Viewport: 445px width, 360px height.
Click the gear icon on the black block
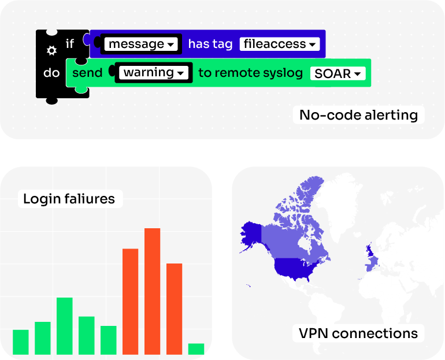tap(51, 51)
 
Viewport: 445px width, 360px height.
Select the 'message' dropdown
tap(141, 44)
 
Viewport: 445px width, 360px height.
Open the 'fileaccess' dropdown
tap(280, 44)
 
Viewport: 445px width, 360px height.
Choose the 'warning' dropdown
tap(154, 73)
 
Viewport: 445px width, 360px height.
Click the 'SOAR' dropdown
tap(338, 73)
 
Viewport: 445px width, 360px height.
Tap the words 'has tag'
tap(210, 44)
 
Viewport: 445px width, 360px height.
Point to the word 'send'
tap(87, 73)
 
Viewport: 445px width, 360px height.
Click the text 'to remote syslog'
tap(251, 73)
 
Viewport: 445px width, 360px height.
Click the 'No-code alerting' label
tap(358, 115)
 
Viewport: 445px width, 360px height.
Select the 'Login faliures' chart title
tap(69, 199)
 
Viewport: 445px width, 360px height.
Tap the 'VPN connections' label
tap(358, 333)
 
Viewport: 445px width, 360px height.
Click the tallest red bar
tap(152, 291)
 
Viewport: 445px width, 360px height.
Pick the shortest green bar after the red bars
tap(196, 349)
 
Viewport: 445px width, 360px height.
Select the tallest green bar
tap(64, 326)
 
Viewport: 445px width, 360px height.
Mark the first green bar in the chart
tap(21, 342)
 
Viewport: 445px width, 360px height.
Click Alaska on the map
tap(251, 234)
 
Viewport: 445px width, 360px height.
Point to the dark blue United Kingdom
tap(369, 250)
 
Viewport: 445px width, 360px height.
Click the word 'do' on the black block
tap(51, 73)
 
